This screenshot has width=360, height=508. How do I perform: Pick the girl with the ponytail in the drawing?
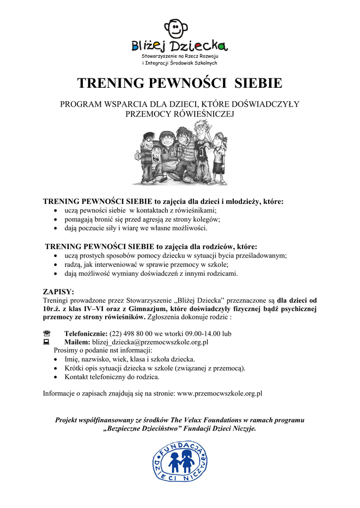click(219, 154)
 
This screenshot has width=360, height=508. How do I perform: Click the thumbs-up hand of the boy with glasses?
click(138, 155)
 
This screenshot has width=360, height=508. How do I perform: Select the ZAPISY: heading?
click(58, 291)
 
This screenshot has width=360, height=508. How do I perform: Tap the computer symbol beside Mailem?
click(47, 342)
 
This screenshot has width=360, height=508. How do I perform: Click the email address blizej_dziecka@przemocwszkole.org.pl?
click(150, 342)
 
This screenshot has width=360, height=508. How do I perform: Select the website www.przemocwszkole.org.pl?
click(219, 393)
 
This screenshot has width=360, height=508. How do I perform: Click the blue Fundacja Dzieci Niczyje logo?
click(179, 462)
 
